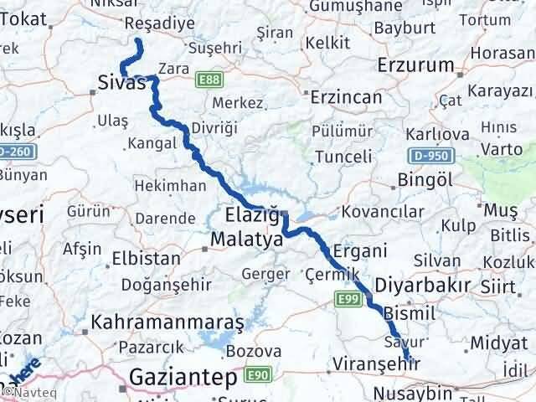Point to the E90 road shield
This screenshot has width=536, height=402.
click(x=257, y=374)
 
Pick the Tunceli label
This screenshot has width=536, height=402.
click(x=343, y=156)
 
